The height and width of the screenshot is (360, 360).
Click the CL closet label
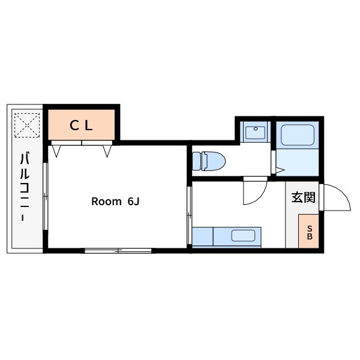[x=81, y=125]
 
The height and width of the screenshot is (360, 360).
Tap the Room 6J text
[x=115, y=202]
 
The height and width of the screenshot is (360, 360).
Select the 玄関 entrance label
[x=303, y=197]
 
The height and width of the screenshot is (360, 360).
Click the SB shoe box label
[x=310, y=232]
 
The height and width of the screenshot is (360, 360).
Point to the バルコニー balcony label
[x=25, y=187]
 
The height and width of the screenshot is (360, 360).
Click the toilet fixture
[x=209, y=161]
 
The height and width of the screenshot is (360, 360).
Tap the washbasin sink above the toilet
[x=255, y=132]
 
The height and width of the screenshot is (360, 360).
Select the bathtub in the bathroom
[x=298, y=135]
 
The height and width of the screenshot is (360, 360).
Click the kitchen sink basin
[x=243, y=236]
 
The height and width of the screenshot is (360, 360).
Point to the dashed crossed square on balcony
[x=27, y=125]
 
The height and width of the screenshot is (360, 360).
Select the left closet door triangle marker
[x=56, y=151]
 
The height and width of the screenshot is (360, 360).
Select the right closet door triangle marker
[x=107, y=151]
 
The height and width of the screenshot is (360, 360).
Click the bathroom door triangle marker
[x=280, y=170]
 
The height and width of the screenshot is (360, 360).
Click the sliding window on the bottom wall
[x=118, y=250]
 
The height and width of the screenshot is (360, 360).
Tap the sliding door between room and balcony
[x=46, y=196]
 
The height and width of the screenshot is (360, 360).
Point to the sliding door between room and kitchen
[x=190, y=215]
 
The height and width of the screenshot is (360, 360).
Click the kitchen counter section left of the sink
[x=203, y=236]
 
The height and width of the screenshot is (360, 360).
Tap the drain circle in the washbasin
[x=256, y=129]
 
